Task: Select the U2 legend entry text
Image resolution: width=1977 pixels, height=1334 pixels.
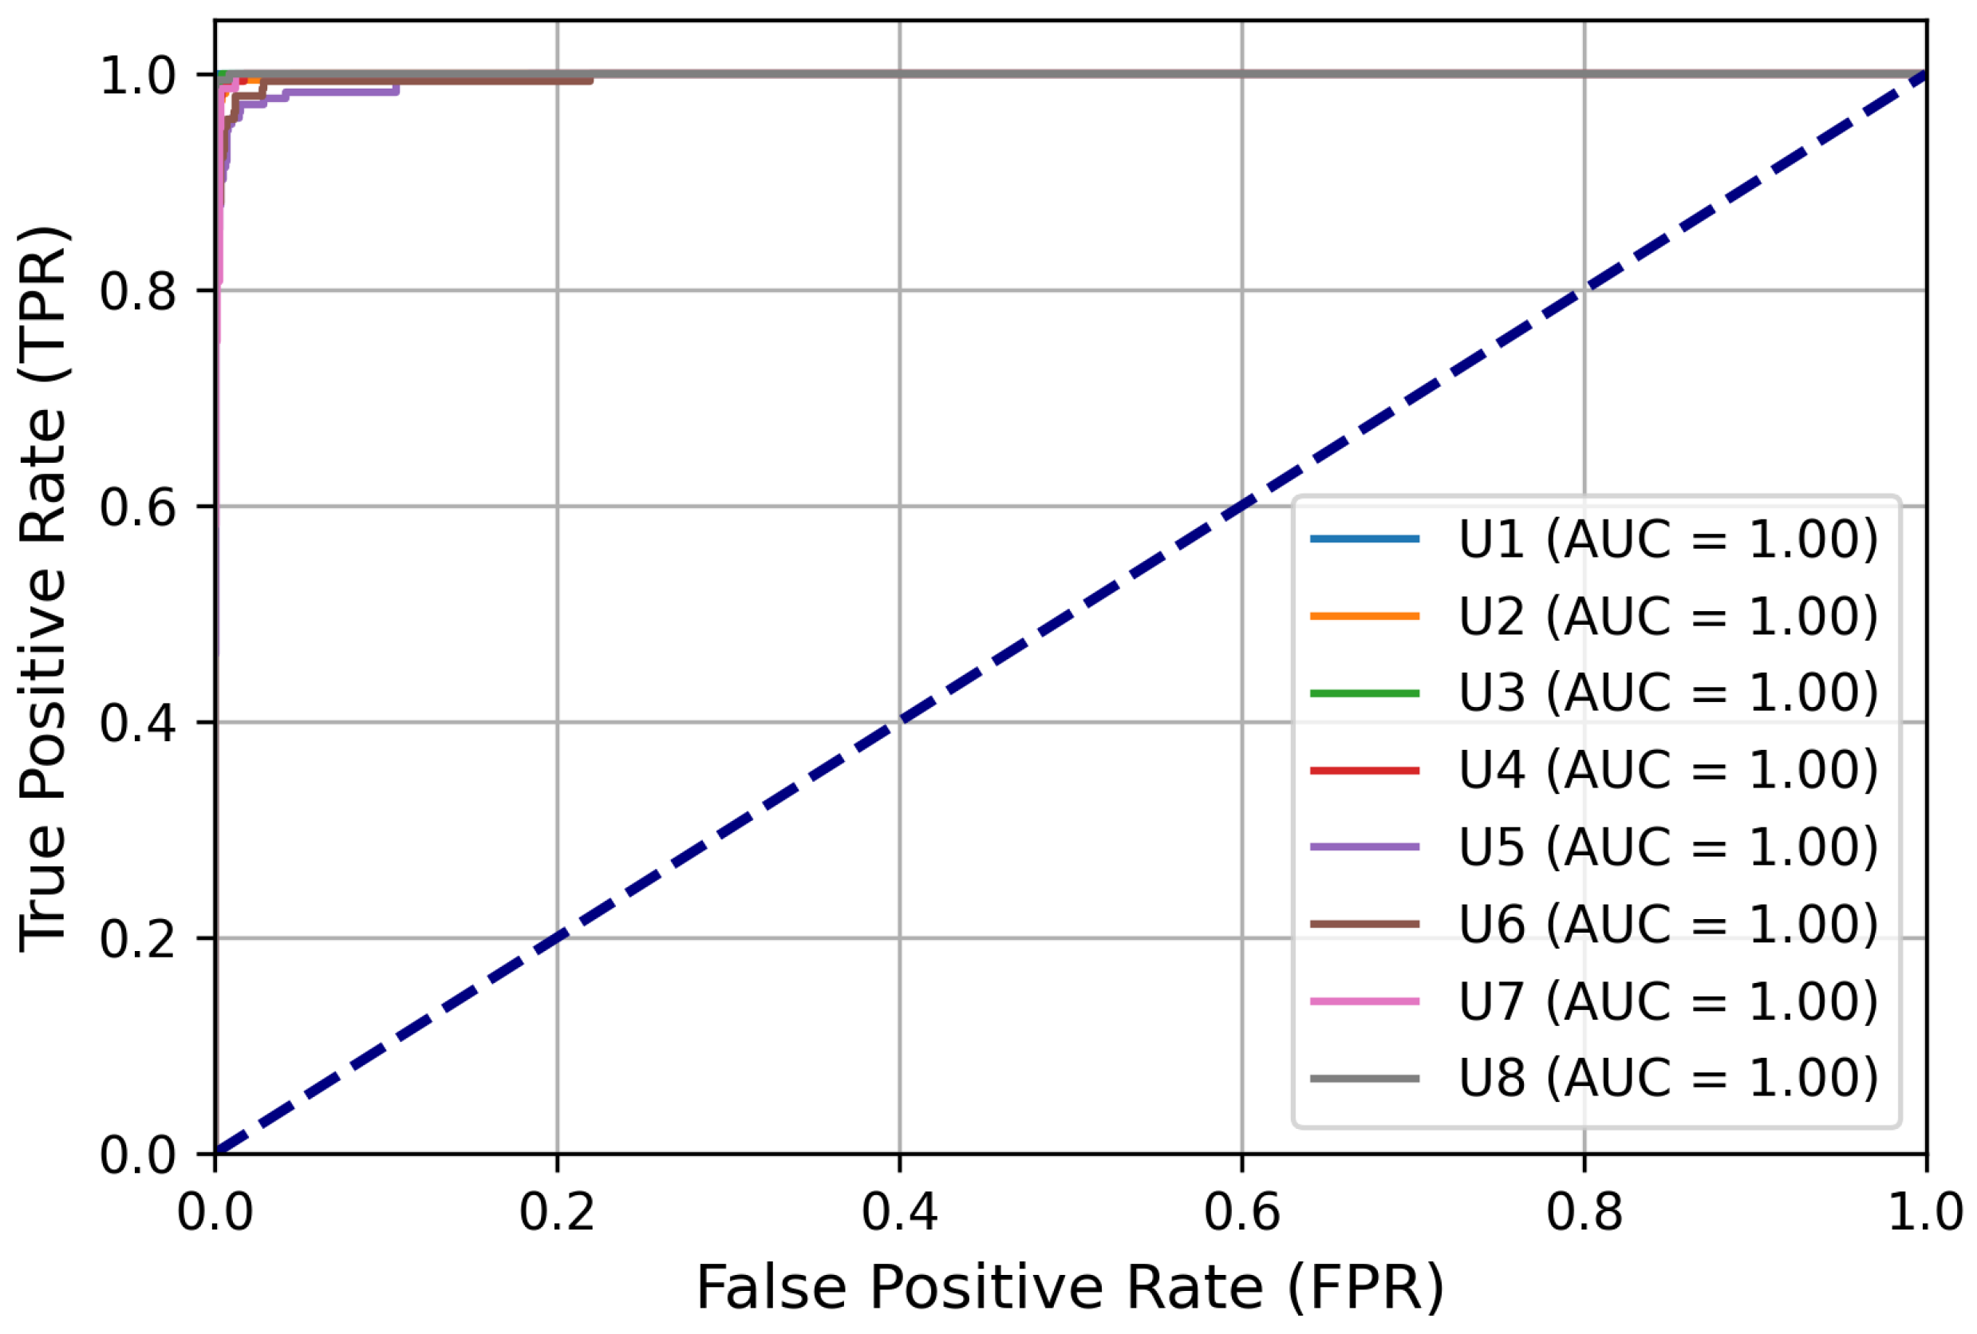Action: (1667, 616)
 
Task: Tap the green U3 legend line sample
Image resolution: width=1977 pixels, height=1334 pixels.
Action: (1364, 693)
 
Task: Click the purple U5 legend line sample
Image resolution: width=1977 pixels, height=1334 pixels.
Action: (1364, 847)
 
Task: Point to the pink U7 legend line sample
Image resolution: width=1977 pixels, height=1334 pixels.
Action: (1364, 1001)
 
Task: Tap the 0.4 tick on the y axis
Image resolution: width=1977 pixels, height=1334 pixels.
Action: (137, 723)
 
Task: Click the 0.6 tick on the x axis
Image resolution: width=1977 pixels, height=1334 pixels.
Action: (1241, 1211)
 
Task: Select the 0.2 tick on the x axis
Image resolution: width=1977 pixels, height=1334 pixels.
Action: (557, 1211)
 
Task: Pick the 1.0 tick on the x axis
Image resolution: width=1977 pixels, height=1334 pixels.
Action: (1924, 1211)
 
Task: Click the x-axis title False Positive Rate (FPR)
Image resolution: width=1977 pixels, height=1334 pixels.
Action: (1070, 1287)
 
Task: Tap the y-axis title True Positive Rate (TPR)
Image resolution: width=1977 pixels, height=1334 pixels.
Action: (44, 587)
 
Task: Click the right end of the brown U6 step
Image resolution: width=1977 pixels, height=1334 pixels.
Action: (591, 81)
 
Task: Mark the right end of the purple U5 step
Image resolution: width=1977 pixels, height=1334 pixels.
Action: (397, 91)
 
